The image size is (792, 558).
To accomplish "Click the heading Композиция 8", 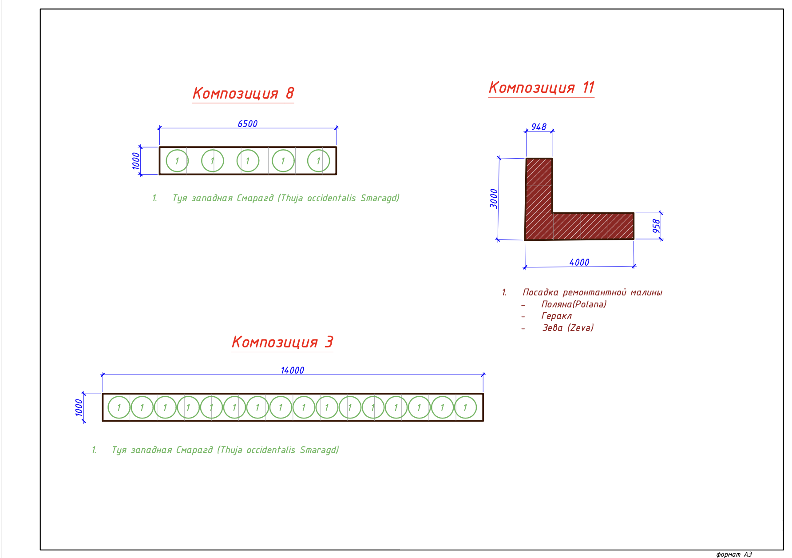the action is [x=243, y=93].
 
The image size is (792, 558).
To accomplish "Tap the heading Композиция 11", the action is [x=542, y=88].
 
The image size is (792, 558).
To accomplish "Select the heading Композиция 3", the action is [x=282, y=342].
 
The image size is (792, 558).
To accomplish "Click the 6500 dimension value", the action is [x=248, y=124].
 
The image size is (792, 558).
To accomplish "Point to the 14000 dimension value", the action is [x=293, y=370].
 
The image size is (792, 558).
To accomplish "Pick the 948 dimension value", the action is [x=539, y=127].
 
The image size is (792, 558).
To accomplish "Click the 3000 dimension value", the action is [x=494, y=198].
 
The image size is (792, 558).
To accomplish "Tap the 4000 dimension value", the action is [x=579, y=262].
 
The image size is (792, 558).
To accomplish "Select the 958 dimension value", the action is [x=656, y=226].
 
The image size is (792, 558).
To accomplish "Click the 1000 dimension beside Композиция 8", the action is [x=136, y=161].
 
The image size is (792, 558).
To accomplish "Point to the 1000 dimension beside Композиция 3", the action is [x=79, y=407].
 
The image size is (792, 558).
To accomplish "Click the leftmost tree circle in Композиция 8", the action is [x=177, y=161].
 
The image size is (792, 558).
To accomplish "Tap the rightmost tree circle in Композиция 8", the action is [x=318, y=161].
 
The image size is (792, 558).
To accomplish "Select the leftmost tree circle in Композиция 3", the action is [x=119, y=407].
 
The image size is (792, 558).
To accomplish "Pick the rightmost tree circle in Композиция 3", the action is [x=465, y=407].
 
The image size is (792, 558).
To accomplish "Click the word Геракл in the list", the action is [x=557, y=316].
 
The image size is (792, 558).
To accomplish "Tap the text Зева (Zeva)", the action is [x=568, y=328].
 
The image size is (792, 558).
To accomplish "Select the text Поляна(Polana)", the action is [x=574, y=304].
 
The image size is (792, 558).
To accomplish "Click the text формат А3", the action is [x=734, y=554].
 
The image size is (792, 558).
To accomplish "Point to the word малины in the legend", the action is [x=646, y=292].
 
